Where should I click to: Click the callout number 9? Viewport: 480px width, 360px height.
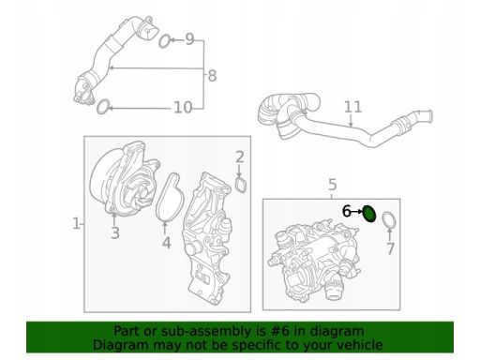click(189, 39)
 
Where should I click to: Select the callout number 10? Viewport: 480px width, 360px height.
click(183, 108)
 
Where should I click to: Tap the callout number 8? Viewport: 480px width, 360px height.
click(212, 76)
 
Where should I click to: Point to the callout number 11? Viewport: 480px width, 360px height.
click(353, 107)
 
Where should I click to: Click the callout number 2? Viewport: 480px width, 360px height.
click(240, 157)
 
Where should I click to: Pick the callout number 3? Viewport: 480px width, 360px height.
click(115, 233)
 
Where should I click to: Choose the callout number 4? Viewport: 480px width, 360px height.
click(166, 243)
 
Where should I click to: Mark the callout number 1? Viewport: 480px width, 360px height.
click(76, 224)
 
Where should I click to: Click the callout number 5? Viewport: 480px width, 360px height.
click(333, 185)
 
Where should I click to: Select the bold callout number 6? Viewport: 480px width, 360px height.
click(346, 211)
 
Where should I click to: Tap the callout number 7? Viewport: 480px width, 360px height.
click(391, 248)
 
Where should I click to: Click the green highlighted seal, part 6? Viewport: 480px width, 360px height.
click(369, 214)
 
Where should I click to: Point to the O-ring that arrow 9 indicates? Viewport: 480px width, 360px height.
click(165, 41)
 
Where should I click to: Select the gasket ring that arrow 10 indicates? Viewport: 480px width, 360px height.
click(103, 107)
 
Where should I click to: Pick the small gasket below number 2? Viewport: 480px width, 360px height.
click(241, 185)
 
